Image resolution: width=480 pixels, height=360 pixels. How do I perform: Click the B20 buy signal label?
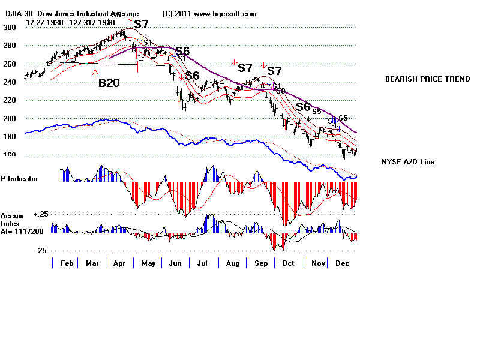point(109,83)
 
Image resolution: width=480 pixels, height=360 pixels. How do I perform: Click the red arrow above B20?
point(95,73)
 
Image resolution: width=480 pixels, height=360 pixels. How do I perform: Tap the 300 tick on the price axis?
point(9,28)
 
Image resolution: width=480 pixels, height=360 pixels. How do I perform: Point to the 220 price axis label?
point(9,101)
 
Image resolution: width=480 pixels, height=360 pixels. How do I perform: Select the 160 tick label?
point(9,155)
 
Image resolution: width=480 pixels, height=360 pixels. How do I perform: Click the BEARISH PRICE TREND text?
point(427,79)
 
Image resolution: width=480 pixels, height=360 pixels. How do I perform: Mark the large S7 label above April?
point(141,25)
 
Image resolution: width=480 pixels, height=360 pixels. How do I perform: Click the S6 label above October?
point(303,107)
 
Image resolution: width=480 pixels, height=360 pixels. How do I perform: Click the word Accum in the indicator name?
point(12,215)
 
